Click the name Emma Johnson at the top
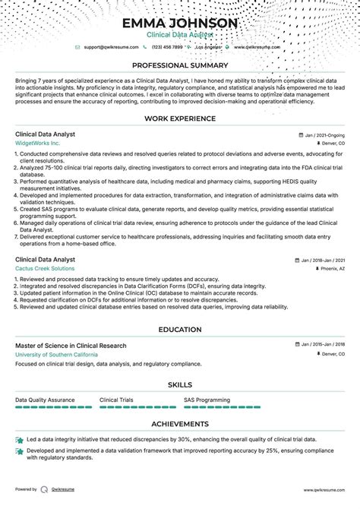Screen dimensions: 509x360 pos(180,23)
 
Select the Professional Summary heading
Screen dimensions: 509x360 pos(180,65)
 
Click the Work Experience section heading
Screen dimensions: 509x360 pos(180,119)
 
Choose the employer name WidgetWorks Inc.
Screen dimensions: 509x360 pos(37,143)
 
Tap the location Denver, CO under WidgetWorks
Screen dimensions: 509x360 pos(330,143)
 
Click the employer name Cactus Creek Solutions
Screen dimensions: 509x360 pos(45,269)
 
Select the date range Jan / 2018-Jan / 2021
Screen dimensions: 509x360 pos(320,260)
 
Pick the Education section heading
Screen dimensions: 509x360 pos(180,330)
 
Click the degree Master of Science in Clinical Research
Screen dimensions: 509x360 pos(71,346)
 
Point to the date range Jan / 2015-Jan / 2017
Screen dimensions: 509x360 pos(320,346)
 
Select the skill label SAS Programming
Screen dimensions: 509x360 pos(207,399)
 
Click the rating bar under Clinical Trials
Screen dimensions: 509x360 pos(127,407)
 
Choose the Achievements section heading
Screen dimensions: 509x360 pos(180,424)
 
